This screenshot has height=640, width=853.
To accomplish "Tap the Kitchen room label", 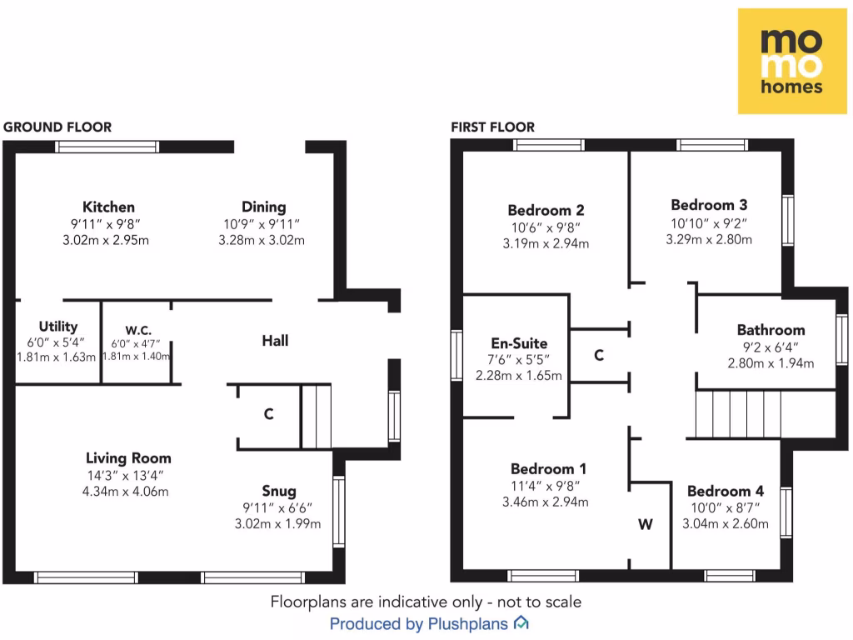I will pyautogui.click(x=108, y=207).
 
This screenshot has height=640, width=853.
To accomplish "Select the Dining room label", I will pyautogui.click(x=263, y=207).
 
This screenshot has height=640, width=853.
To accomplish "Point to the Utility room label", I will pyautogui.click(x=58, y=327).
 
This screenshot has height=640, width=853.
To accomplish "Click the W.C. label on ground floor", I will pyautogui.click(x=137, y=327).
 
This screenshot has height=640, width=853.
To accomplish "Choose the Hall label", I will pyautogui.click(x=275, y=341).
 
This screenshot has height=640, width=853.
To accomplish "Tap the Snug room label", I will pyautogui.click(x=278, y=491).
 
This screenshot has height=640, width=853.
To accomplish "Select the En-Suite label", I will pyautogui.click(x=519, y=343).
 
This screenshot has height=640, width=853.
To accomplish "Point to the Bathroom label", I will pyautogui.click(x=771, y=330).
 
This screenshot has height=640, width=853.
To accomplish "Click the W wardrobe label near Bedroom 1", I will pyautogui.click(x=646, y=525).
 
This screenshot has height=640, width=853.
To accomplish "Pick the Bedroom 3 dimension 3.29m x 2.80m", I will pyautogui.click(x=709, y=239).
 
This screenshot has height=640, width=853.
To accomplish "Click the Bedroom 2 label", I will pyautogui.click(x=546, y=211).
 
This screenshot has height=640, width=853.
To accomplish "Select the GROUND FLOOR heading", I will pyautogui.click(x=57, y=127).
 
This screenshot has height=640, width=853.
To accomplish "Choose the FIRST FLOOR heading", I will pyautogui.click(x=493, y=127).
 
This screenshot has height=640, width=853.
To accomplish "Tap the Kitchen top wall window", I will pyautogui.click(x=107, y=147).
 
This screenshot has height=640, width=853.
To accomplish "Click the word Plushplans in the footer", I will pyautogui.click(x=468, y=623).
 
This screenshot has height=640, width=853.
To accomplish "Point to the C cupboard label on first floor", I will pyautogui.click(x=599, y=356).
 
